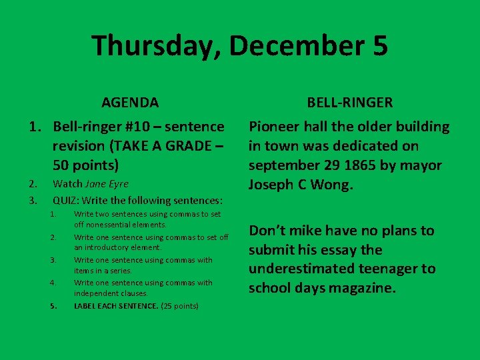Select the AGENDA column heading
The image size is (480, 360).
coord(130,103)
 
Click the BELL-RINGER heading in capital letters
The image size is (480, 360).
coord(349,103)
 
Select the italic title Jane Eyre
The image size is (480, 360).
coord(107,183)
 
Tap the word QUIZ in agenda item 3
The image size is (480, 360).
coord(65,200)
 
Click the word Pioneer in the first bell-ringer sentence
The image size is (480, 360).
coord(272,127)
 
